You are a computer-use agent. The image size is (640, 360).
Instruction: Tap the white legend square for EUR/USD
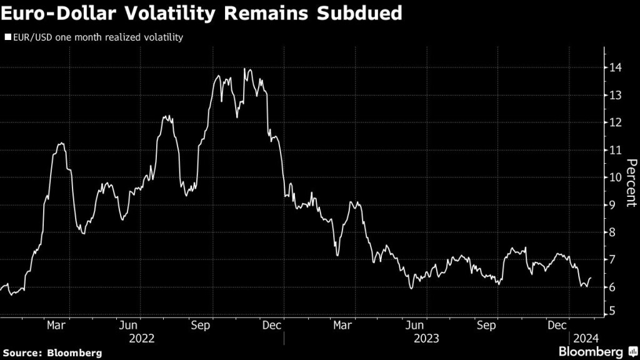click(7, 37)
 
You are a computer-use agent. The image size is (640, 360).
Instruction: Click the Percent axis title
click(632, 183)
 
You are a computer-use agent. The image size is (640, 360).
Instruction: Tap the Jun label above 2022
click(128, 325)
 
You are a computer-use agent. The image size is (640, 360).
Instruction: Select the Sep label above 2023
click(486, 325)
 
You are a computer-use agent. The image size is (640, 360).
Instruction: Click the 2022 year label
click(141, 338)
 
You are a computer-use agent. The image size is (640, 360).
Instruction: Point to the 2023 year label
click(426, 338)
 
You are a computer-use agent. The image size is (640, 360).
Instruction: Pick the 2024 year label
click(586, 338)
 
